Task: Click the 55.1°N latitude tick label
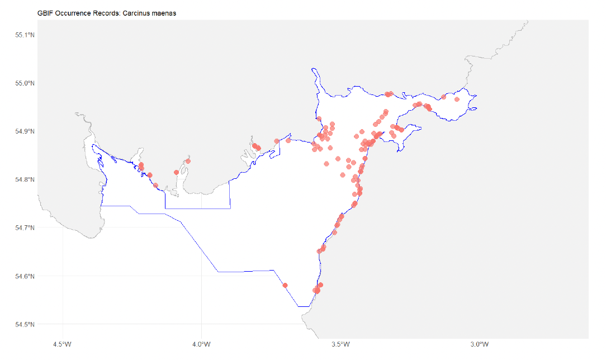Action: [x=25, y=35]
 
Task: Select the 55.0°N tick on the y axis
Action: [x=25, y=83]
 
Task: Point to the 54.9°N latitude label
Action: [x=25, y=131]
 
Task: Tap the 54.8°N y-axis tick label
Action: [x=25, y=179]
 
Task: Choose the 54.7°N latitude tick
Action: [x=25, y=228]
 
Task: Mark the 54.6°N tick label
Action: [x=25, y=276]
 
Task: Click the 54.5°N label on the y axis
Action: [x=25, y=324]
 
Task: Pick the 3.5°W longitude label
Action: [x=340, y=343]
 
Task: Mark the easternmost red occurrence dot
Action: [x=457, y=100]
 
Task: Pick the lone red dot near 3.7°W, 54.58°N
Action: [x=285, y=285]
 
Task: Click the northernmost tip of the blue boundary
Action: [x=312, y=68]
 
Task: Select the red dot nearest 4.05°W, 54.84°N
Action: [x=188, y=161]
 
